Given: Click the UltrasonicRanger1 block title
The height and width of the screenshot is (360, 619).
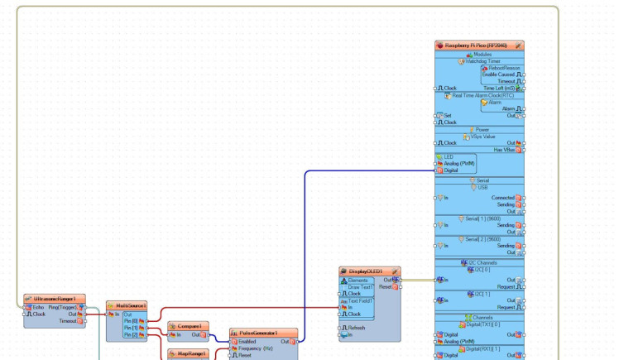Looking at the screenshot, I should click(55, 299).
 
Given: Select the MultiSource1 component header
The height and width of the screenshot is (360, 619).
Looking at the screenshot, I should click(131, 305).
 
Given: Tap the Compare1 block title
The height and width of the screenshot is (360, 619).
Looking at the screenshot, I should click(190, 326).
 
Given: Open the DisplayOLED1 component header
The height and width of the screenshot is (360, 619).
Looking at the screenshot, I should click(365, 271).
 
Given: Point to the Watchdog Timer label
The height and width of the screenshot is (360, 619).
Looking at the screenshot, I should click(482, 61).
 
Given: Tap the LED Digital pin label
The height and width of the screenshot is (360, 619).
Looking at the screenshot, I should click(451, 170).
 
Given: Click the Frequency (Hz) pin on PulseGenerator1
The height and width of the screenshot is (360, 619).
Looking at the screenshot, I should click(257, 348).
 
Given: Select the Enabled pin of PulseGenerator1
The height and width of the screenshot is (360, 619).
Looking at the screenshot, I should click(247, 341).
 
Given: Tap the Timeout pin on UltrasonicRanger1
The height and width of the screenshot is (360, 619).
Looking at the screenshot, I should click(70, 321).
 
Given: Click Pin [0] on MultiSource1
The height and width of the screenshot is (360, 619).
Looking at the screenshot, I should click(131, 321).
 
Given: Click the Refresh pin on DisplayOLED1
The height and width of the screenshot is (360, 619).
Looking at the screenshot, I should click(357, 328).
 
